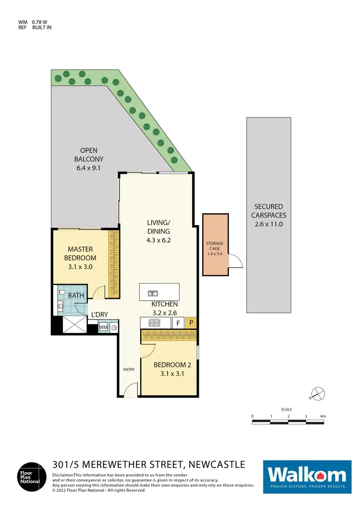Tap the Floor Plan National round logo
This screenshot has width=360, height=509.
32,476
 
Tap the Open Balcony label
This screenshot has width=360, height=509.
89,159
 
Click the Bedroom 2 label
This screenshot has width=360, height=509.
169,370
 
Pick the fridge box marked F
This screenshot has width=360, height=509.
178,323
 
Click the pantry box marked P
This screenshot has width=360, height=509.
191,323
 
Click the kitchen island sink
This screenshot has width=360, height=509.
152,293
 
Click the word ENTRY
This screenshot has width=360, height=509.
129,369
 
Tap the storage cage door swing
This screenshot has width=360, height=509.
235,261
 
